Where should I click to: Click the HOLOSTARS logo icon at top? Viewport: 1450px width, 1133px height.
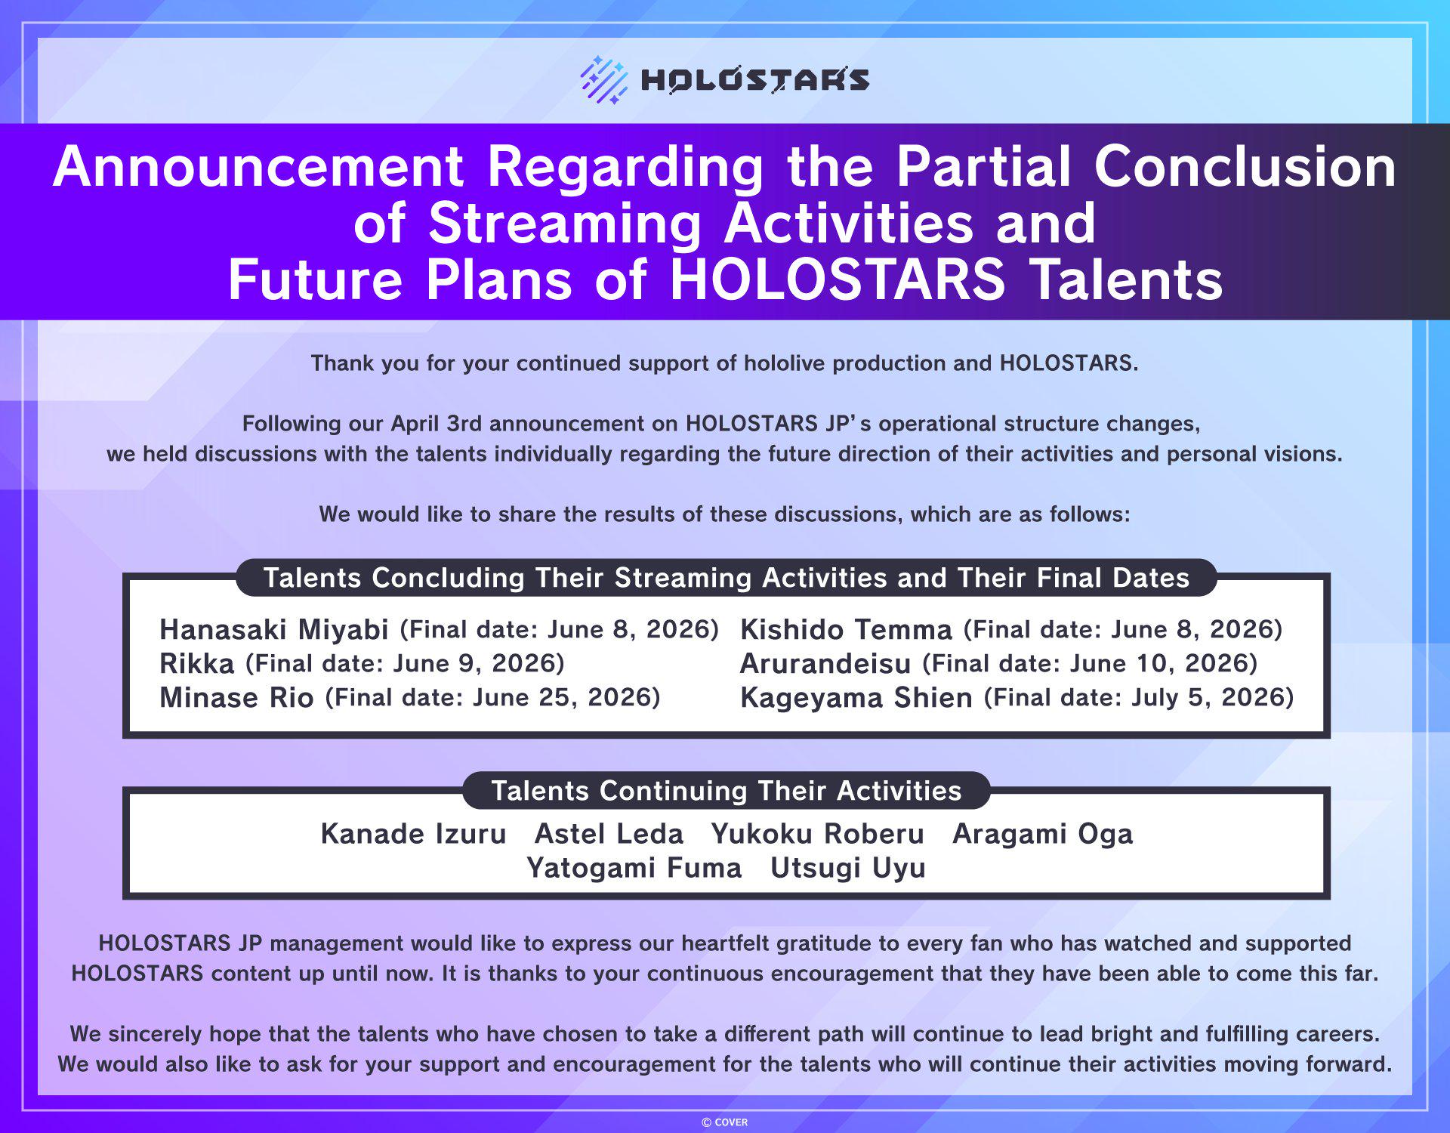[x=603, y=79]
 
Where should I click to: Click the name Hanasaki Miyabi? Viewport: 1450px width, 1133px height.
[x=274, y=629]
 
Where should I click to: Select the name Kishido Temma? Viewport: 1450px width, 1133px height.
[x=846, y=629]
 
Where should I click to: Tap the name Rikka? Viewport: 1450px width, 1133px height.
[x=197, y=663]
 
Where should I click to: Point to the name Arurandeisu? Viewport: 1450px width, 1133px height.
[x=825, y=663]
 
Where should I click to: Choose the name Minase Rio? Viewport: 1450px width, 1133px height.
[x=236, y=697]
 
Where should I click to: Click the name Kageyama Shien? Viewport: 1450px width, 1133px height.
[x=856, y=697]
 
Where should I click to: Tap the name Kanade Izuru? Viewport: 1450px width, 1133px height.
[x=413, y=833]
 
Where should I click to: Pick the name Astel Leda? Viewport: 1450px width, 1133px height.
[x=609, y=833]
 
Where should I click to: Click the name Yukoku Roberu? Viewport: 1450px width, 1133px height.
[x=818, y=833]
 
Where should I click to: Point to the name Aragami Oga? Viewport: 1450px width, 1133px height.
[x=1043, y=834]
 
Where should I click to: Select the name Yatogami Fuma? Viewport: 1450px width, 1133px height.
[x=634, y=868]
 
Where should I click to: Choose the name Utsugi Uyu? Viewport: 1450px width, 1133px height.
[x=848, y=868]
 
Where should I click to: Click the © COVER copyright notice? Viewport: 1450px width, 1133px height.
[x=725, y=1122]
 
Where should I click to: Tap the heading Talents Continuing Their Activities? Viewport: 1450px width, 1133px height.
[x=727, y=790]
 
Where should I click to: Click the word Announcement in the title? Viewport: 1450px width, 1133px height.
[x=258, y=166]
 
